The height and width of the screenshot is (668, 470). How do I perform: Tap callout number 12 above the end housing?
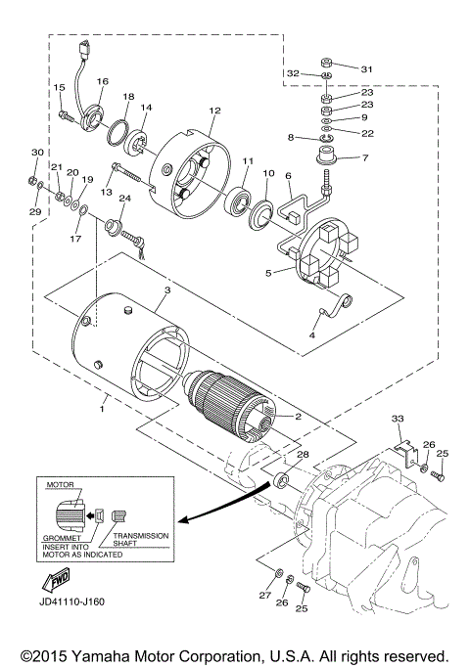[214, 111]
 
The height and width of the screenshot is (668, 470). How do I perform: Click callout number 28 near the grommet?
[303, 456]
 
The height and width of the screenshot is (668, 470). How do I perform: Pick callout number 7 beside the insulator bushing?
[365, 157]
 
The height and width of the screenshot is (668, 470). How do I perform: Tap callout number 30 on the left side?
[37, 154]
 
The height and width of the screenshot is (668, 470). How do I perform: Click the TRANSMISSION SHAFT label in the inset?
[141, 541]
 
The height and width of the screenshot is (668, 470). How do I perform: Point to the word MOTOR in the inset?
[61, 483]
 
